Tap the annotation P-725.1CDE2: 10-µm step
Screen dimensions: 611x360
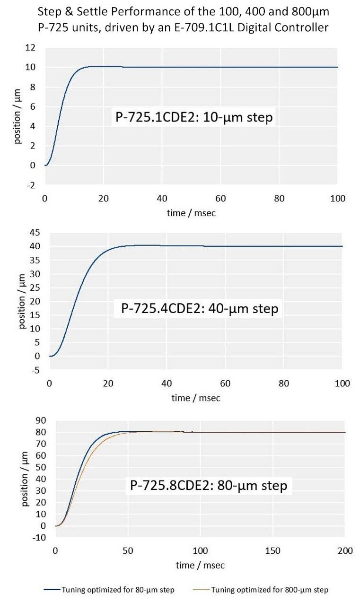click(x=194, y=117)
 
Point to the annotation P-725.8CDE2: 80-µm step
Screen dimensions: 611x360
click(x=209, y=485)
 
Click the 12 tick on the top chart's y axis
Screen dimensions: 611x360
click(x=30, y=47)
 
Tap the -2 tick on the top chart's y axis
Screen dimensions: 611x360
click(x=31, y=185)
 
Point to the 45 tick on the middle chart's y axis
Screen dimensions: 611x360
click(x=35, y=232)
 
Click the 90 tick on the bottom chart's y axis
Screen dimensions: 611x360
click(x=41, y=420)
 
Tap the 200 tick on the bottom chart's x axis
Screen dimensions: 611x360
click(x=345, y=550)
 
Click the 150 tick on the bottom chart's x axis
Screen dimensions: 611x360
click(x=273, y=550)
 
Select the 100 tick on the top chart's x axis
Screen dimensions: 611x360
click(x=337, y=198)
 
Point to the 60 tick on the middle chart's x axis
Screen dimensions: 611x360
click(x=225, y=383)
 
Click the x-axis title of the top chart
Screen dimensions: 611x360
click(x=191, y=213)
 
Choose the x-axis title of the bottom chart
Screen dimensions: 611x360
click(x=200, y=565)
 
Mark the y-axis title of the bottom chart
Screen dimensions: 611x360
click(x=25, y=479)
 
